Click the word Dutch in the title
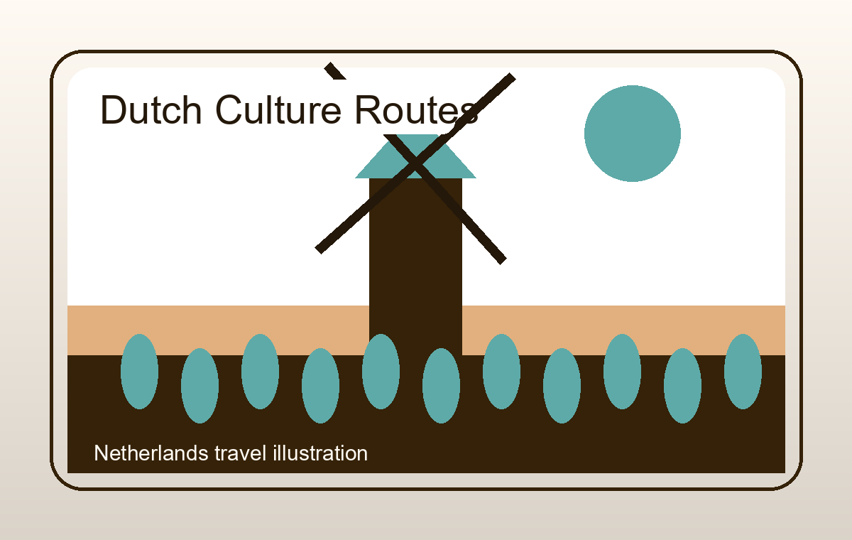coord(151,109)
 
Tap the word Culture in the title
coord(278,109)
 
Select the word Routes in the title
coord(416,109)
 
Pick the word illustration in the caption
coord(320,453)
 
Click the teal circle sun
coord(632,134)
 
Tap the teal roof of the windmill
coord(415,156)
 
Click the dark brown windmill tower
coord(415,266)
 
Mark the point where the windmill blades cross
coord(415,163)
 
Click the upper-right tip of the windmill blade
coord(513,77)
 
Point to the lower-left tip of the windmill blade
coord(318,251)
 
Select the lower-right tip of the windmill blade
coord(503,261)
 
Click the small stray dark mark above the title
coord(334,72)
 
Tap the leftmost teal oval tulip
coord(139,372)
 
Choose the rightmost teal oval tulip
coord(743,372)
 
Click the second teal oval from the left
coord(200,386)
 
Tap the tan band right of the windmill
coord(624,330)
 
